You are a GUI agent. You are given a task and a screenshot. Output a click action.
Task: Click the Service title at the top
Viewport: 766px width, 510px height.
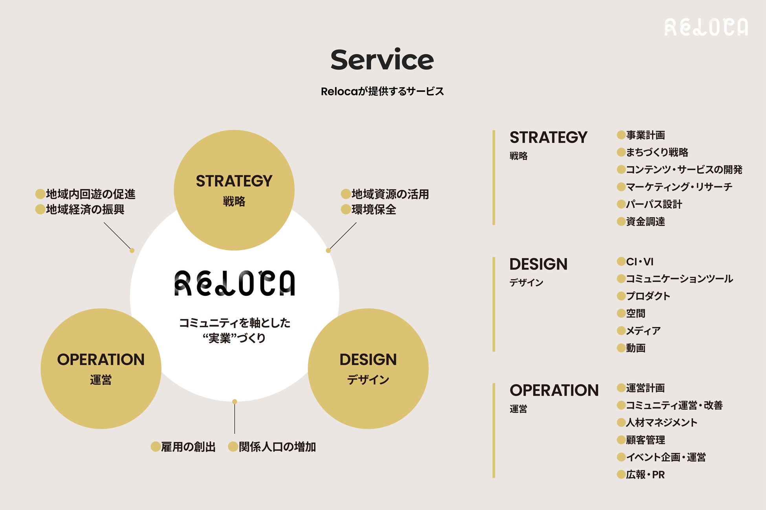382,60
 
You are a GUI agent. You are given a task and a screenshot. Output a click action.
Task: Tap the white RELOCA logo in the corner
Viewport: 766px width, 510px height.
706,27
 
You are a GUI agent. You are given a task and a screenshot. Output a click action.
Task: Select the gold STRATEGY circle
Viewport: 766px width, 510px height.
234,190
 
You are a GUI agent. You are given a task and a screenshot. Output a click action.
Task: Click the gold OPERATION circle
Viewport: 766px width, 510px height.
101,368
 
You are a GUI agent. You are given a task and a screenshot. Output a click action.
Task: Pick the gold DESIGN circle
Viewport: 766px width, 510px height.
368,368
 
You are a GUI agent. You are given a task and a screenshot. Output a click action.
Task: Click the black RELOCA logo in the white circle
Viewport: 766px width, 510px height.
235,283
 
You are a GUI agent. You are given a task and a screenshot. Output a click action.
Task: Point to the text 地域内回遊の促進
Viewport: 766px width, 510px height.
90,194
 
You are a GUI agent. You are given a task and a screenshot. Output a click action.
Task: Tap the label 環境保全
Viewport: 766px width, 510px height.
374,209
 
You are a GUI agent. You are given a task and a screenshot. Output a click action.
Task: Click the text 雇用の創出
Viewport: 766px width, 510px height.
188,447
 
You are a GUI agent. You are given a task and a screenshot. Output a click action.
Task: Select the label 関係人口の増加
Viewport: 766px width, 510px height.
277,447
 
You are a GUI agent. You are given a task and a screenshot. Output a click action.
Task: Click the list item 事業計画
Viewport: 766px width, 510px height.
645,135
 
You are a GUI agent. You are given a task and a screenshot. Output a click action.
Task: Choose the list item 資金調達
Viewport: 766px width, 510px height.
645,222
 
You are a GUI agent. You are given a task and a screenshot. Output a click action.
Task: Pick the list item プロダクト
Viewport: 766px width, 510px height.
648,296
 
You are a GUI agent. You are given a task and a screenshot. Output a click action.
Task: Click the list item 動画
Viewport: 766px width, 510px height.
636,348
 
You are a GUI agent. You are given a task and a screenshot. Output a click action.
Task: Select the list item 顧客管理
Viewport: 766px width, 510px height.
645,440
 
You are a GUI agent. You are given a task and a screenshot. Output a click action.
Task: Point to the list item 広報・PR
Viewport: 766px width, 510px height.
645,475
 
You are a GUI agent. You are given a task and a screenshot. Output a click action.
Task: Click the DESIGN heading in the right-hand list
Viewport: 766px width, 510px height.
538,264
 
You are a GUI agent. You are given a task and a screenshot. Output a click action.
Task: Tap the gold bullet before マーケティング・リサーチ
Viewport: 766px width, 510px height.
621,187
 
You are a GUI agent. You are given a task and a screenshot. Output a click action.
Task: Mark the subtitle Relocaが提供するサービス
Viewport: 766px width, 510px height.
382,91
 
